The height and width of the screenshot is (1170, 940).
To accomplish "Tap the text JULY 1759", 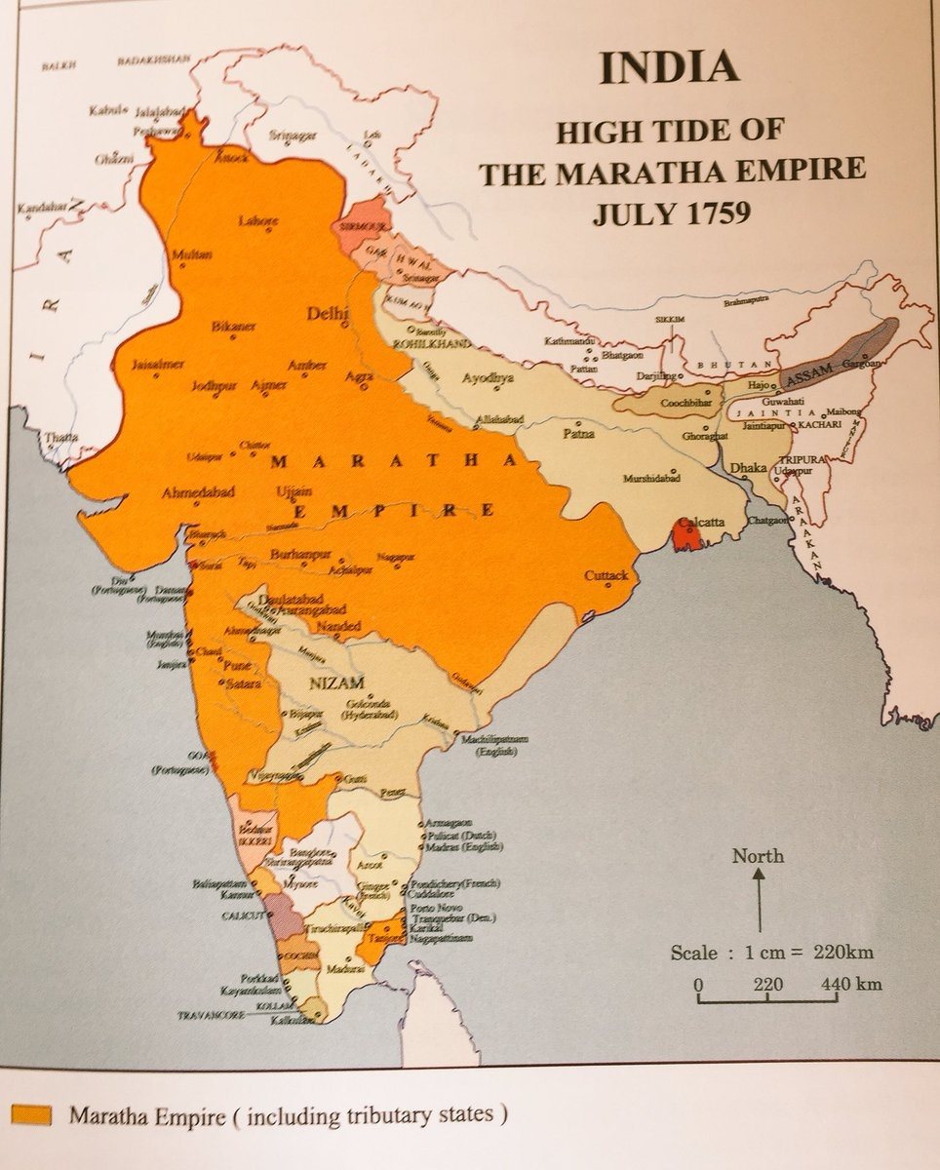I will point(672,212).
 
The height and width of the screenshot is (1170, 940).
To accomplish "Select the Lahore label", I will point(257,221).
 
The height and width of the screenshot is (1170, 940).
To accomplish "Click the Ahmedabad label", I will point(202,492).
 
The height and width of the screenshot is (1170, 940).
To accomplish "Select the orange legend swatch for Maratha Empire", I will point(31,1115).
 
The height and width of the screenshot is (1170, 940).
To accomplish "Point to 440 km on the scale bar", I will point(850,984).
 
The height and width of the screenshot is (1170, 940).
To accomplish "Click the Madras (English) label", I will point(459,847).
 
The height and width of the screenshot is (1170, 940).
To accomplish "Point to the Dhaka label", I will point(749,468).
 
